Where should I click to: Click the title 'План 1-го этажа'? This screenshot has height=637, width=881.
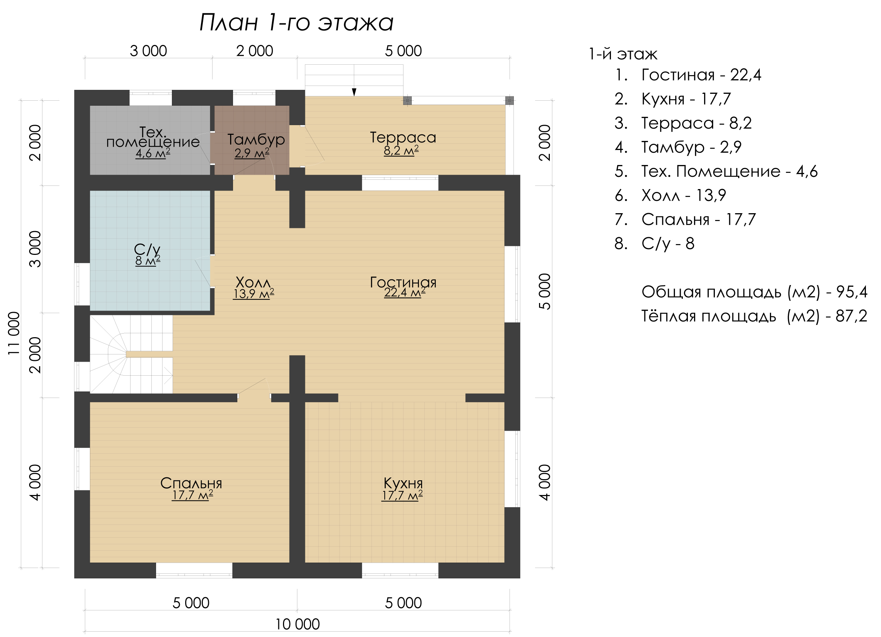296,23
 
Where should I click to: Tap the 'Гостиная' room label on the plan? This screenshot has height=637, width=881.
403,283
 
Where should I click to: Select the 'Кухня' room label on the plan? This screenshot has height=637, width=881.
403,483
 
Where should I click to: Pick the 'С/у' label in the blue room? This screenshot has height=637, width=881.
147,249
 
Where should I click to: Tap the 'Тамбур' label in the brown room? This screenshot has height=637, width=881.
256,139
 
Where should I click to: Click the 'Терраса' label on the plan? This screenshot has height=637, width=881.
403,137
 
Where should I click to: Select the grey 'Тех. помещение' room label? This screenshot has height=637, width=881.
153,137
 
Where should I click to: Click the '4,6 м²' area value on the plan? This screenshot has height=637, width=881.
153,153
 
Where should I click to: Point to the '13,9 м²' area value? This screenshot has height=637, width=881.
254,294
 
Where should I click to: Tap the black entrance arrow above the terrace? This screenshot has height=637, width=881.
354,92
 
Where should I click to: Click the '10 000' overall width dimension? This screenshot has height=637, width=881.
297,624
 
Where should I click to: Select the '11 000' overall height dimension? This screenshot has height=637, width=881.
14,333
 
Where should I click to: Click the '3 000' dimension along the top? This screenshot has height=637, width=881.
149,51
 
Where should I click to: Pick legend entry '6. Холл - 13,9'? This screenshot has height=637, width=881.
670,195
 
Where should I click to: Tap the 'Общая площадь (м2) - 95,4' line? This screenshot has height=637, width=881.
754,292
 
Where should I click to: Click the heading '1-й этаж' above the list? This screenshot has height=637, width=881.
623,54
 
